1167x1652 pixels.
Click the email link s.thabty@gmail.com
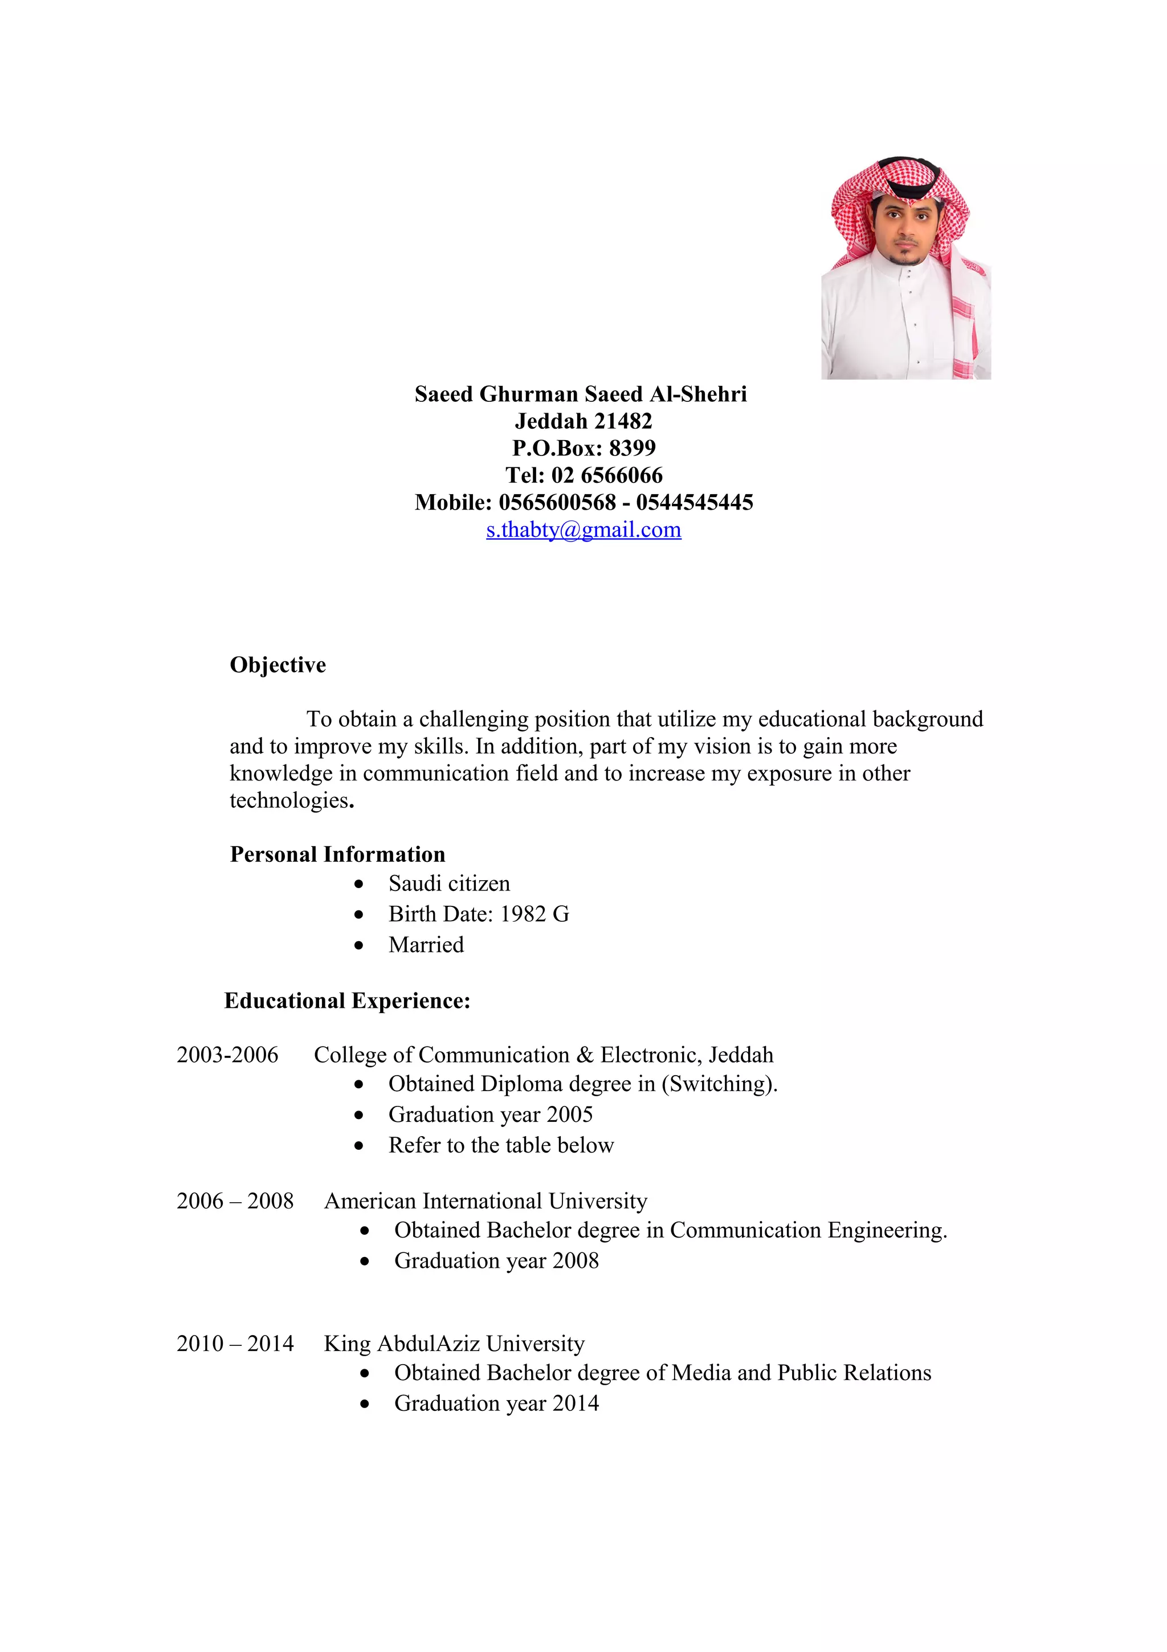(x=583, y=530)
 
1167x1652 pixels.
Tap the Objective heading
(x=278, y=665)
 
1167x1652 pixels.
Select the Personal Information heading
(x=337, y=854)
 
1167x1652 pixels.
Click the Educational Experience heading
(x=347, y=1001)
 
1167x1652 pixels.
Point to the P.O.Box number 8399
(x=632, y=448)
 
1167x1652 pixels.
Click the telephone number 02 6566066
(x=607, y=475)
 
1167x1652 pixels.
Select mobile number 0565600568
(x=557, y=502)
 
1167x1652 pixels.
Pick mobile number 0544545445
(x=694, y=502)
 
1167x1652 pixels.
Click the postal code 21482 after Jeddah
(x=623, y=421)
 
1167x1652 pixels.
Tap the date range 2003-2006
(x=227, y=1055)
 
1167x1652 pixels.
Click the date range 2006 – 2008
(x=235, y=1201)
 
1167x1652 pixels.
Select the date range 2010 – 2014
(x=235, y=1344)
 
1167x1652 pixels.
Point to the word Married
(x=426, y=945)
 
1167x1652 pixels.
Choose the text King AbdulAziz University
(x=454, y=1344)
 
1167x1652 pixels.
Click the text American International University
(x=485, y=1201)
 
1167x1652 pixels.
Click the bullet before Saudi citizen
(x=359, y=884)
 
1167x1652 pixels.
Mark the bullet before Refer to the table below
(x=359, y=1145)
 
